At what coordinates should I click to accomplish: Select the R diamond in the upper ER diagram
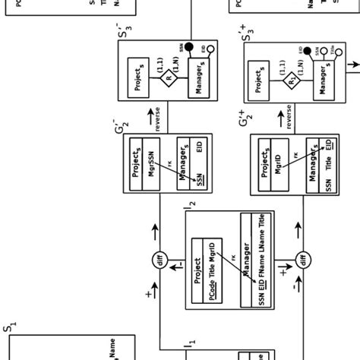coord(168,77)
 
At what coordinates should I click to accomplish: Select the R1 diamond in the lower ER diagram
coord(289,77)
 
